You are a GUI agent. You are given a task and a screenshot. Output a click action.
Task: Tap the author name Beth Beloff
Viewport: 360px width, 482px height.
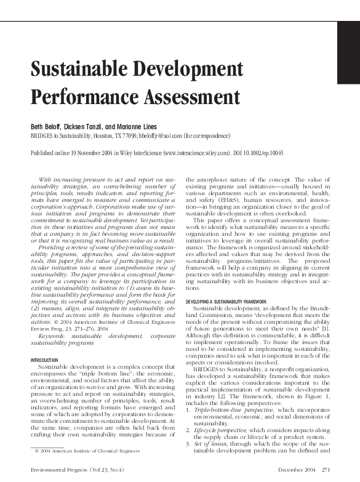pos(47,126)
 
